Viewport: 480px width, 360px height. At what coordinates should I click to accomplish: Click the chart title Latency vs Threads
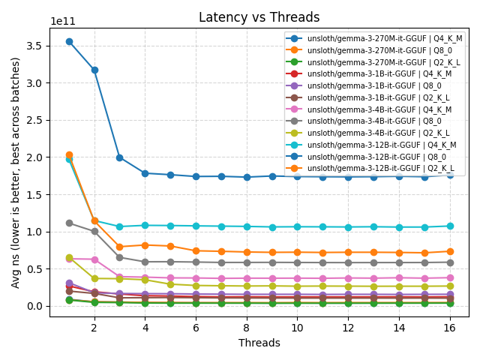(x=259, y=17)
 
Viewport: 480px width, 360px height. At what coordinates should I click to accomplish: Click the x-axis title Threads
(x=259, y=343)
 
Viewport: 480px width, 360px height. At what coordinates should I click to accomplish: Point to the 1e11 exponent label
(x=63, y=22)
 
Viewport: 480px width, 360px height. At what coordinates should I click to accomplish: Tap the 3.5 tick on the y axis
(x=34, y=46)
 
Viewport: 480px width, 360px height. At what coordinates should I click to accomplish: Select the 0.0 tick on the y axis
(x=34, y=306)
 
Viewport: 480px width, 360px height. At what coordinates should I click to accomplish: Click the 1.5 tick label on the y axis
(x=34, y=194)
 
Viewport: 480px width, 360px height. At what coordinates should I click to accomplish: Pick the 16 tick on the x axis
(x=450, y=328)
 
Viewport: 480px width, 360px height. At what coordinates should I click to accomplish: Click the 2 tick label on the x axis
(x=94, y=328)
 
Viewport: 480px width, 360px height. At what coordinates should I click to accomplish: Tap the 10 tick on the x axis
(x=298, y=328)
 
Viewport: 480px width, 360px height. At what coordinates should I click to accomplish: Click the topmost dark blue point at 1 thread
(x=69, y=41)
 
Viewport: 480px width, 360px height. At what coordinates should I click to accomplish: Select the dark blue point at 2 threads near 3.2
(x=94, y=70)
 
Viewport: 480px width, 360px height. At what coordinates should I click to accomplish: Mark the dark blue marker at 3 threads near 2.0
(x=119, y=157)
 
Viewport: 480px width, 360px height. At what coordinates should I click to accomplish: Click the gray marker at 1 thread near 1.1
(x=69, y=223)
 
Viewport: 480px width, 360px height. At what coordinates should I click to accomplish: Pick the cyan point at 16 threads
(x=450, y=226)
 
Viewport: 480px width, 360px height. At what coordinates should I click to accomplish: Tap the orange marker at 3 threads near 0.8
(x=119, y=247)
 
